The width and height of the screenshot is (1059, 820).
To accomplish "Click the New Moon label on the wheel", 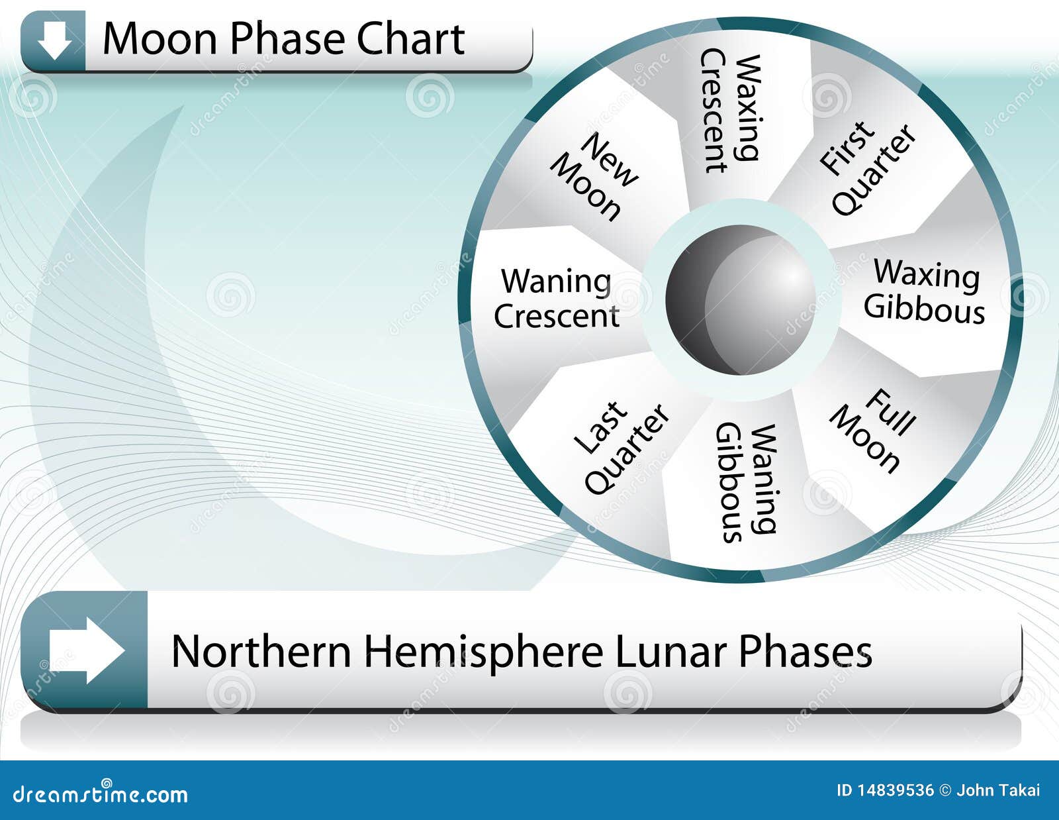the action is click(x=594, y=177).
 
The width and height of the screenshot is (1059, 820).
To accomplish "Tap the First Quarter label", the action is click(x=868, y=169).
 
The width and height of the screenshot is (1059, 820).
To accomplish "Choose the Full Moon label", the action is click(x=873, y=431).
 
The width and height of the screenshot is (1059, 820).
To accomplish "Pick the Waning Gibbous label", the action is click(x=746, y=483).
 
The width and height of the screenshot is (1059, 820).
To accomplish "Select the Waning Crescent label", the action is click(x=557, y=298).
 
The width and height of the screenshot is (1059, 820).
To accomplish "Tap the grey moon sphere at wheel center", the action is click(x=741, y=300).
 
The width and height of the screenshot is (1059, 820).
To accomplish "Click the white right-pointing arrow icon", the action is click(x=87, y=650).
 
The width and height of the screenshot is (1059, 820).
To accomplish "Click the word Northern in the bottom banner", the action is click(x=261, y=651).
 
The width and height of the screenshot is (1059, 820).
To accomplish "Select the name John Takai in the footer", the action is click(x=998, y=790).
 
